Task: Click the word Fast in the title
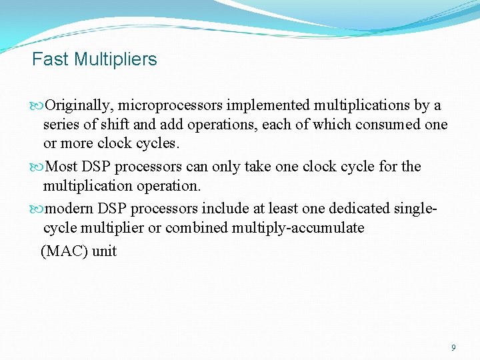pos(51,59)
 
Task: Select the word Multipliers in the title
pos(115,59)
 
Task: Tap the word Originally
pos(79,105)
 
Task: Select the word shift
pos(111,125)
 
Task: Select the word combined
pos(196,228)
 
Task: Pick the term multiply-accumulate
pos(298,228)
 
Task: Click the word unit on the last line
pos(105,251)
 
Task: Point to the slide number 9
pos(453,347)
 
